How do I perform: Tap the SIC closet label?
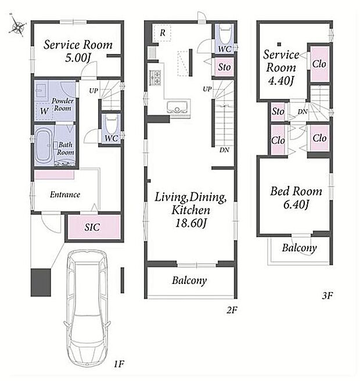pyautogui.click(x=92, y=227)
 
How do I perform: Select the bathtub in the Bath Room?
pyautogui.click(x=43, y=146)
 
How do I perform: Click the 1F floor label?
pyautogui.click(x=119, y=364)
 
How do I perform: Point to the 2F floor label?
pyautogui.click(x=232, y=310)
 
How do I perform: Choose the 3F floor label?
pyautogui.click(x=327, y=296)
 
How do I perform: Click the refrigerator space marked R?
pyautogui.click(x=162, y=33)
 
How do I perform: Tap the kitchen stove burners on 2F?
pyautogui.click(x=155, y=77)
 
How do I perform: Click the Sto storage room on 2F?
pyautogui.click(x=224, y=67)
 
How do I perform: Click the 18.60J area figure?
pyautogui.click(x=191, y=224)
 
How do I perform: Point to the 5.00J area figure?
pyautogui.click(x=78, y=58)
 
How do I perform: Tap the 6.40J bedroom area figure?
pyautogui.click(x=296, y=204)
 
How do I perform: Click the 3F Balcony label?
pyautogui.click(x=299, y=248)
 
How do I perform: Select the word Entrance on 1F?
pyautogui.click(x=65, y=195)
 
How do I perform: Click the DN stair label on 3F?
pyautogui.click(x=303, y=112)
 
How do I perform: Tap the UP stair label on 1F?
pyautogui.click(x=93, y=91)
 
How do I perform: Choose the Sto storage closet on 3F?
pyautogui.click(x=278, y=112)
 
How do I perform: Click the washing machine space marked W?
pyautogui.click(x=44, y=112)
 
